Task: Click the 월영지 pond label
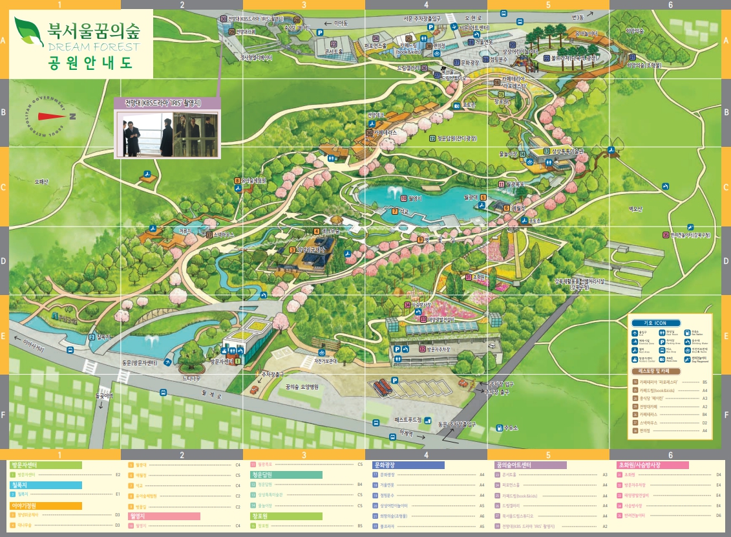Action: pos(414,199)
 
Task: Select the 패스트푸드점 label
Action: pos(408,420)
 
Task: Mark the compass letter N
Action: pos(72,116)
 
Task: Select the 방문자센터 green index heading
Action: pos(45,465)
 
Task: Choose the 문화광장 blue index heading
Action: pos(408,465)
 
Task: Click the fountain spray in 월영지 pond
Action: pos(392,192)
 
